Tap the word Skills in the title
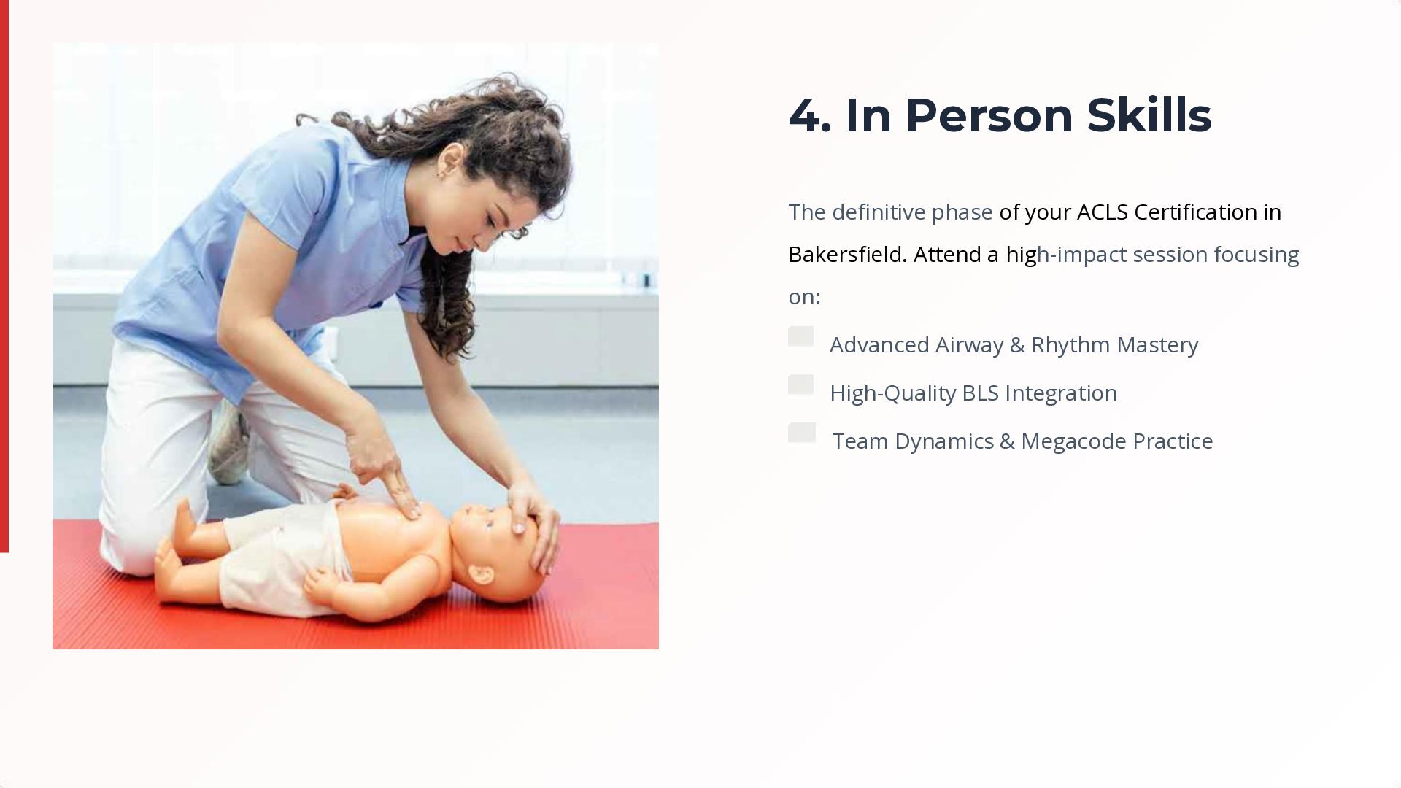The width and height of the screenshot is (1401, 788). coord(1149,115)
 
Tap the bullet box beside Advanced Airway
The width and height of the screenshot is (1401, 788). coord(800,336)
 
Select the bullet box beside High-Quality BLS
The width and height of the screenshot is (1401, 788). coord(800,385)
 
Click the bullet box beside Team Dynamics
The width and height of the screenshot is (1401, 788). coord(802,433)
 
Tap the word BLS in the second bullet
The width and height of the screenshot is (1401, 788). coord(980,393)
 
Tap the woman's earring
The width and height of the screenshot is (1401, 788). coord(439,175)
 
